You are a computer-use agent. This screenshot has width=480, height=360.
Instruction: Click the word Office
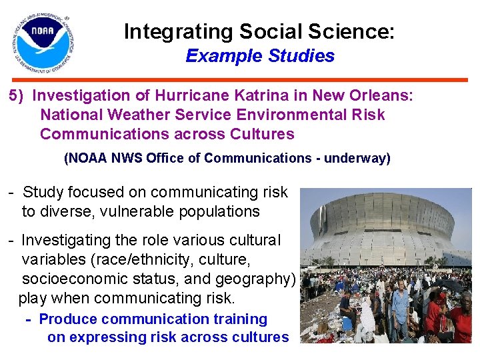coord(182,158)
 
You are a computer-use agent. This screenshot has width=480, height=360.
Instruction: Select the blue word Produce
coord(68,319)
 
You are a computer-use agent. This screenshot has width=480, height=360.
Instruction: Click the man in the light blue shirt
coord(401,307)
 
